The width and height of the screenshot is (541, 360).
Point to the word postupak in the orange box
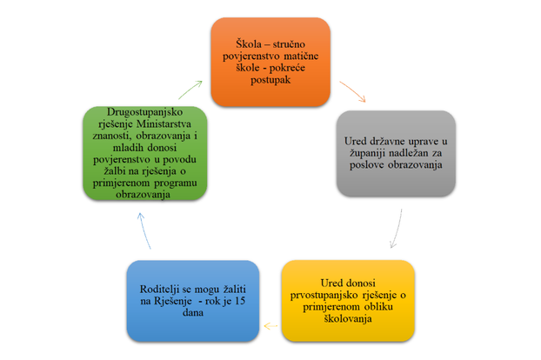270,80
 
